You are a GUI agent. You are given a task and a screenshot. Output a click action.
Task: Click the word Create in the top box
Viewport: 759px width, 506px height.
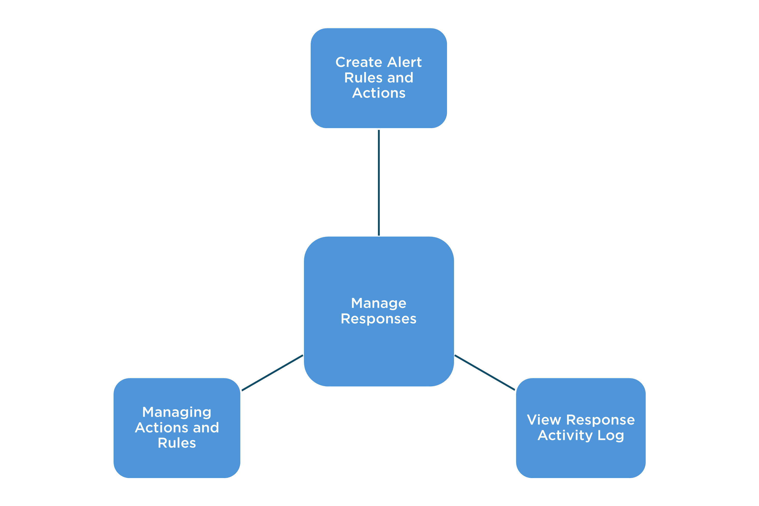pos(359,62)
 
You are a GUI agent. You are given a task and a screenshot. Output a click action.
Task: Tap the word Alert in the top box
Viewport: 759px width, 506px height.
pos(405,62)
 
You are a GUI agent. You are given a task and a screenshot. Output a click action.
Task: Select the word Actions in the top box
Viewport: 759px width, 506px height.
pos(379,93)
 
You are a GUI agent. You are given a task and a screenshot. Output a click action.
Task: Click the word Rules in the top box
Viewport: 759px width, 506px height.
pos(363,78)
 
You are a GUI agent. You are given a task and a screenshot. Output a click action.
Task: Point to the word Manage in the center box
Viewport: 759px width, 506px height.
pos(379,303)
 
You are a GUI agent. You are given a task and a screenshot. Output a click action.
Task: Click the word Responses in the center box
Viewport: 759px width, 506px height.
pos(379,319)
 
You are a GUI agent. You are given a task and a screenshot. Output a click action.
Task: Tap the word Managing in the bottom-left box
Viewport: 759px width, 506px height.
pos(177,412)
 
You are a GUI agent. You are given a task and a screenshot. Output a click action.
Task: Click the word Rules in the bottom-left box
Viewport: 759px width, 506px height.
pos(177,443)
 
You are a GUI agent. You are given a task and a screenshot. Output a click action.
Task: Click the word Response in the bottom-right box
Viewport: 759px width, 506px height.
pos(600,420)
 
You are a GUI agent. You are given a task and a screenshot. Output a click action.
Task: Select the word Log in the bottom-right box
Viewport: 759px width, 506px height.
pos(611,436)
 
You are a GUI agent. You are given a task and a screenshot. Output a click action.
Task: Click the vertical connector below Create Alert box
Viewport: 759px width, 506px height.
pos(379,182)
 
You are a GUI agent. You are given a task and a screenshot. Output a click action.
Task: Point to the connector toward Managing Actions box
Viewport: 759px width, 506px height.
pos(272,373)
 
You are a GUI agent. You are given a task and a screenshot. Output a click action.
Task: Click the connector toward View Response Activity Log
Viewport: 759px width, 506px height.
pos(485,373)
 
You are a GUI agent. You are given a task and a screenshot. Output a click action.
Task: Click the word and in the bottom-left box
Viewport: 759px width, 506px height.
pos(206,428)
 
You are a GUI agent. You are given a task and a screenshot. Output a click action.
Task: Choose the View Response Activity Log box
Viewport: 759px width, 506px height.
pos(581,458)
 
